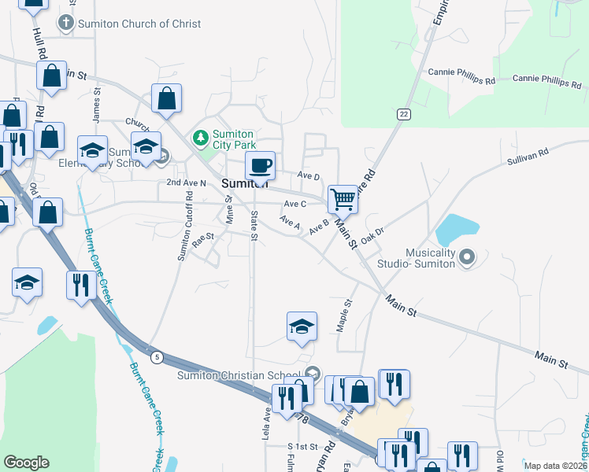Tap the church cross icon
pyautogui.click(x=66, y=24)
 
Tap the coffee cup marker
pyautogui.click(x=260, y=166)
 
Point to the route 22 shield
pyautogui.click(x=404, y=114)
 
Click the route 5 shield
pyautogui.click(x=157, y=358)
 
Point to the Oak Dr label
pyautogui.click(x=371, y=234)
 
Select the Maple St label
pyautogui.click(x=344, y=315)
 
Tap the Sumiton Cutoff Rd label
pyautogui.click(x=184, y=235)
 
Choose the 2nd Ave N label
pyautogui.click(x=186, y=183)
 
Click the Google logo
pyautogui.click(x=26, y=462)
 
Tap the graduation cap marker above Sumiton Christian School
pyautogui.click(x=302, y=326)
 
